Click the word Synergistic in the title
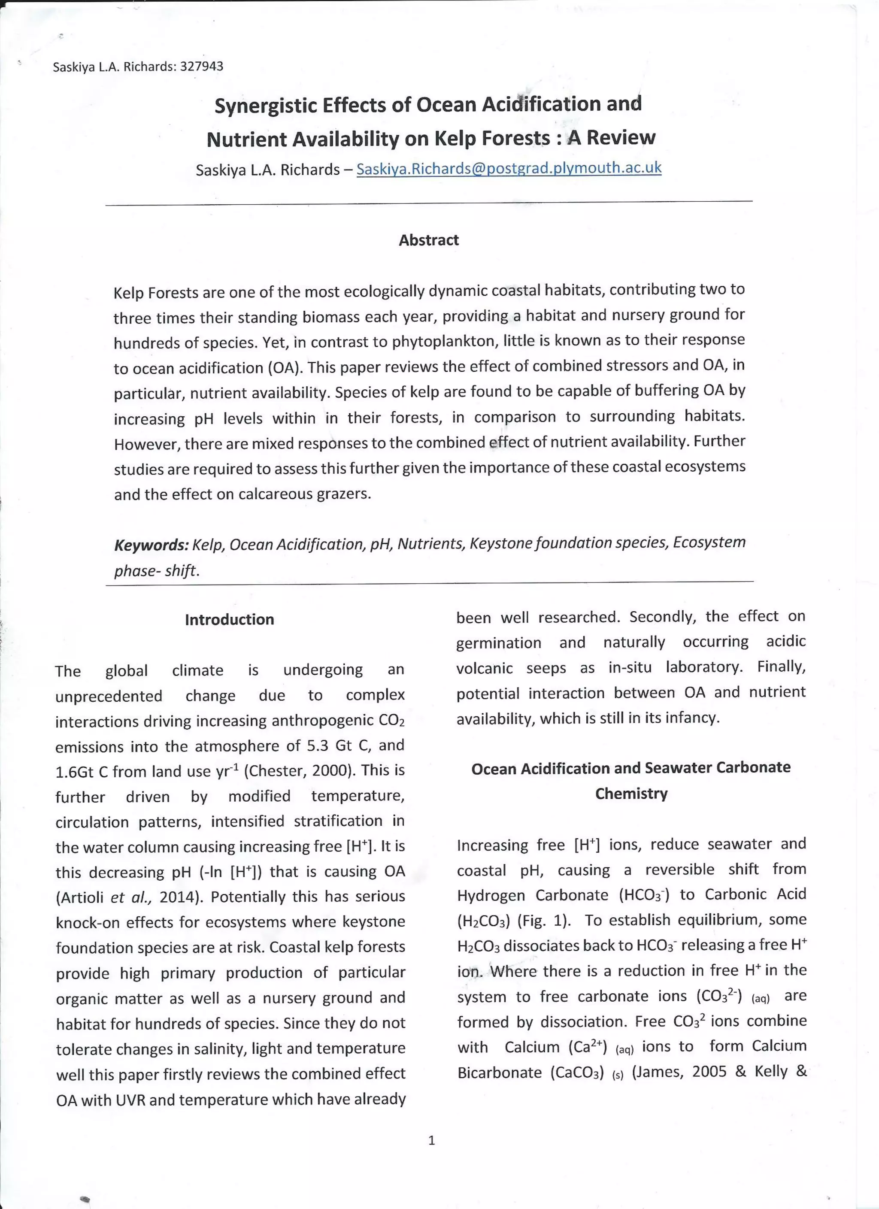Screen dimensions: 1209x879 coord(265,105)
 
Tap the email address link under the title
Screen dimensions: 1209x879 coord(509,168)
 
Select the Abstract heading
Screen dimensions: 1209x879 coord(429,240)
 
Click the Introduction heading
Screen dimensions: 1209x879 coord(229,619)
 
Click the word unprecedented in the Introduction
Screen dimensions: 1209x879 coord(109,696)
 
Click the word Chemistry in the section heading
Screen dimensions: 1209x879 coord(631,794)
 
